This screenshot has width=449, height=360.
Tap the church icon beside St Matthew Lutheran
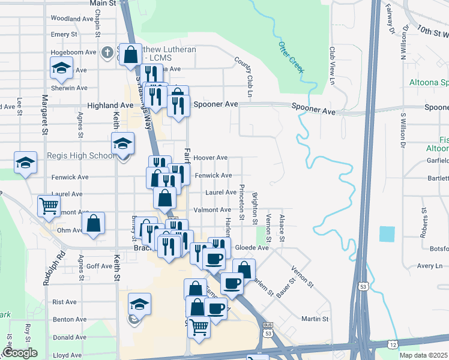click(107, 52)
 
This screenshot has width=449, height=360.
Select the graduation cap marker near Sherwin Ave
click(62, 69)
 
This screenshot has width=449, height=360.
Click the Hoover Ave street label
click(210, 158)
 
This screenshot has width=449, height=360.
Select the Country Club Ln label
click(247, 78)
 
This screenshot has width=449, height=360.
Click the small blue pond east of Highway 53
click(388, 234)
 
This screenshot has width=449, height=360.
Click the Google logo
click(20, 353)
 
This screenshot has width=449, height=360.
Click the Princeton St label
click(242, 203)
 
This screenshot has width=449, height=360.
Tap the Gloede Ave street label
click(252, 247)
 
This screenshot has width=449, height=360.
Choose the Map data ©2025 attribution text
click(423, 355)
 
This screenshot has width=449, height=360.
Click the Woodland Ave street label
click(70, 19)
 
